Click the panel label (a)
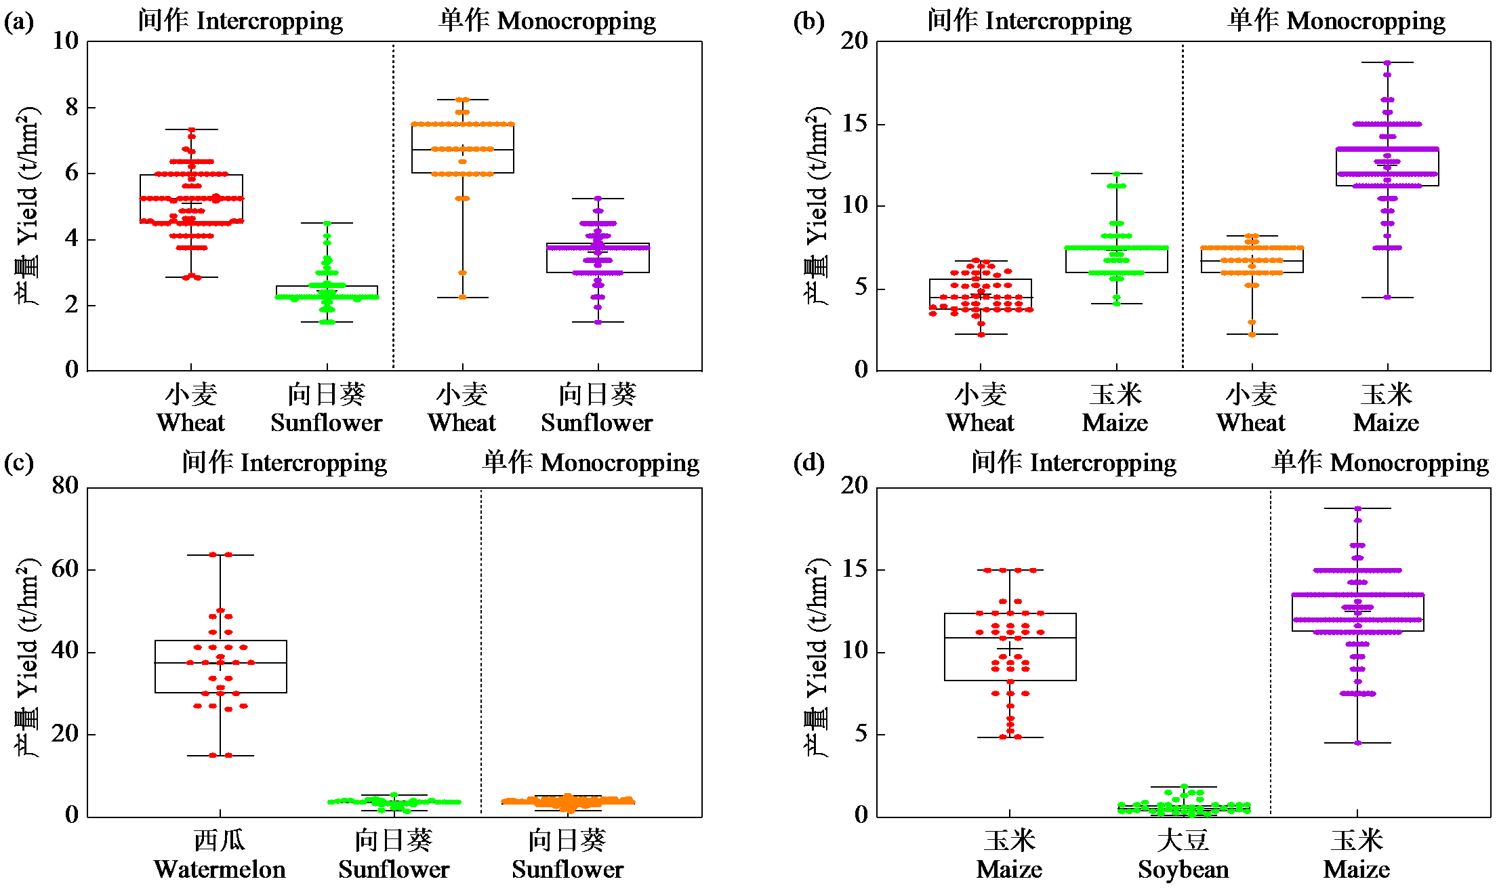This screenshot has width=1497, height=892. click(18, 22)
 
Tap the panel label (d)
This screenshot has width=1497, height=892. click(808, 464)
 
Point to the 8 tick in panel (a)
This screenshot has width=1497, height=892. click(72, 107)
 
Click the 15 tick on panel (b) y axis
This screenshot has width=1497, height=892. click(855, 123)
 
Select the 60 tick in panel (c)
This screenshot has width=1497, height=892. click(65, 569)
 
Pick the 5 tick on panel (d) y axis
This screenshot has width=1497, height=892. click(861, 733)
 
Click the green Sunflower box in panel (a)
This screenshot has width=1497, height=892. click(327, 292)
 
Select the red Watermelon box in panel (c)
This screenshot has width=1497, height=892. click(220, 666)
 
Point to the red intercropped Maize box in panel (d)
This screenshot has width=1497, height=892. click(1010, 647)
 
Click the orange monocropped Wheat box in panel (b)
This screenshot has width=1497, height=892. click(1252, 260)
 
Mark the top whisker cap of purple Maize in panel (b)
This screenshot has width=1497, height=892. click(1387, 62)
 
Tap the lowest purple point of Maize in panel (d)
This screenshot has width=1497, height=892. click(1357, 743)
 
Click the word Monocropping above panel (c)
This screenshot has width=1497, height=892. click(620, 463)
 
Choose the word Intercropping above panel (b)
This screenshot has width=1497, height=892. click(1058, 22)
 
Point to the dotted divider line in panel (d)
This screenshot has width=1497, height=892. click(1270, 651)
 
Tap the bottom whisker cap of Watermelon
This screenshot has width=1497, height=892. click(220, 756)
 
